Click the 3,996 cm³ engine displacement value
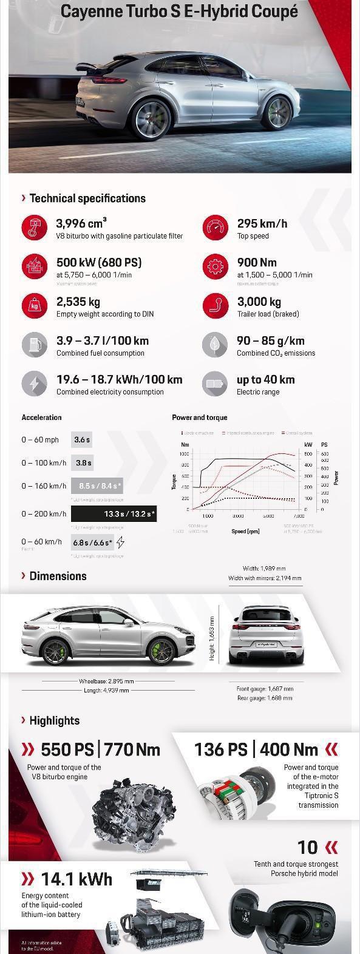81,223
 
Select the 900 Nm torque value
256,262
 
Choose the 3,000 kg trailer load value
259,302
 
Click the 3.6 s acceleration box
82,440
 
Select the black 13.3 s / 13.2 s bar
114,514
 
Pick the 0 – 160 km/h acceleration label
44,485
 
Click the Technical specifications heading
87,198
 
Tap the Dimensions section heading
58,576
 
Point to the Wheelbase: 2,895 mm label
106,682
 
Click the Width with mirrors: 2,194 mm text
265,578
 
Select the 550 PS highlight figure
67,749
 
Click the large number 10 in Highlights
308,847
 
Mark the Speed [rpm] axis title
245,532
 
